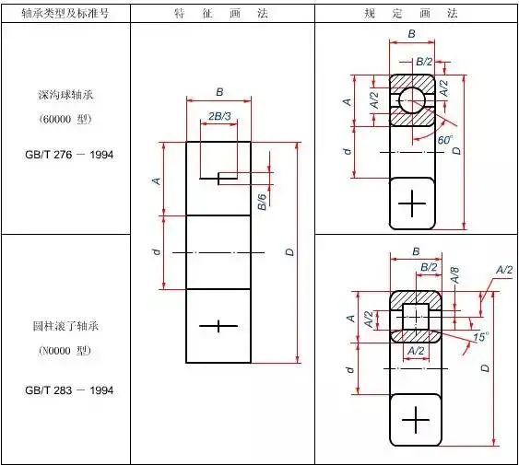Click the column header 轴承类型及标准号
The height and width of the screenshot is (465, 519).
[65, 13]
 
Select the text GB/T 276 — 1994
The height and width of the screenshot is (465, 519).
[69, 155]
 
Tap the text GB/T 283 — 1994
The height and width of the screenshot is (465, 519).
[69, 390]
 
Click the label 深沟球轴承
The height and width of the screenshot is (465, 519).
[65, 95]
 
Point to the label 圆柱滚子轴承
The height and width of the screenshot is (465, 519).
[65, 327]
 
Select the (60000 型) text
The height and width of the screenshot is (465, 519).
[65, 119]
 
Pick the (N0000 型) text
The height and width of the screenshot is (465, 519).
[65, 350]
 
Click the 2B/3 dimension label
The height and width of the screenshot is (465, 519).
[219, 116]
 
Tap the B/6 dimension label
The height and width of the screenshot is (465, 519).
[262, 202]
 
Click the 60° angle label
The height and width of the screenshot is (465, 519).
[445, 140]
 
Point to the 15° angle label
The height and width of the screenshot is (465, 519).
[480, 337]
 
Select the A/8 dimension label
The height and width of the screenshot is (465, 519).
[455, 275]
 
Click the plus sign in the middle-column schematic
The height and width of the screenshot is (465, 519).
[218, 326]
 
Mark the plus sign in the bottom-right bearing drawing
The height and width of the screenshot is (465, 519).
[416, 420]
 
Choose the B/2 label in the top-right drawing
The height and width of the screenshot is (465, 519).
[424, 62]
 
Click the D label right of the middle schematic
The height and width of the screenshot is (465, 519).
[289, 252]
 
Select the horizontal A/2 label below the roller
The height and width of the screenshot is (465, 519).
[416, 351]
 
